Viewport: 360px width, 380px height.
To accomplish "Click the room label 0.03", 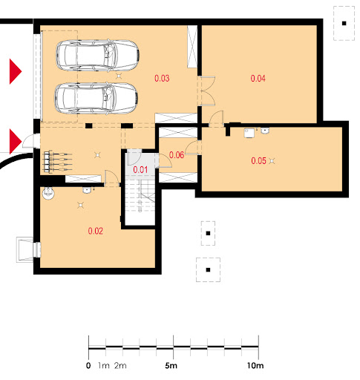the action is tap(162, 78).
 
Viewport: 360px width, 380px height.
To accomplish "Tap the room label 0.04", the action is tap(258, 79).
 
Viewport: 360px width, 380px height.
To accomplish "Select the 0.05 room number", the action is tap(258, 161).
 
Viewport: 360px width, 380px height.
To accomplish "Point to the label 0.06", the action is tap(177, 155).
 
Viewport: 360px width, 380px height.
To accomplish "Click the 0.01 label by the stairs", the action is tap(140, 170).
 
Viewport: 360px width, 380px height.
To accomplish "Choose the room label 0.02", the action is tap(96, 231).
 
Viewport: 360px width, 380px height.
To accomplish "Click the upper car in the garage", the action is tap(97, 56).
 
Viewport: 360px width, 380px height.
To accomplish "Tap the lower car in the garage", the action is tap(96, 98).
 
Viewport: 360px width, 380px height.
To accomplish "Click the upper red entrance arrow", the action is tap(16, 71).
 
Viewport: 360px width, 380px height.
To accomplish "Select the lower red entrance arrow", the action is tap(16, 141).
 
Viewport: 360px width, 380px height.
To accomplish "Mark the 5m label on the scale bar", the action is tap(171, 365).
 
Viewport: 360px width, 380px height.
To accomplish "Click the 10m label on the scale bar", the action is tap(255, 365).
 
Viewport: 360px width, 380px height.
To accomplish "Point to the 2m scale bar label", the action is tap(120, 365).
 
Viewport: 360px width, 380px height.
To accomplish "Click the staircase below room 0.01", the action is tap(140, 195).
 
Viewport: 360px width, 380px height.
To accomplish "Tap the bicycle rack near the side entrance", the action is tap(57, 161).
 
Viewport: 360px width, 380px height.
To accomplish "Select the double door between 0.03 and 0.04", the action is tap(207, 91).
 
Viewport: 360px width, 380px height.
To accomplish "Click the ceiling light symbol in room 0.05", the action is tap(272, 161).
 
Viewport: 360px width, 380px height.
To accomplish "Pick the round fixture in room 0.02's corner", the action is tap(48, 193).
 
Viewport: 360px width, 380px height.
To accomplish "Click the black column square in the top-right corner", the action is tap(344, 24).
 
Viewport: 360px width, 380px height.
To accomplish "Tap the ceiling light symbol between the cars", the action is tap(119, 76).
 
